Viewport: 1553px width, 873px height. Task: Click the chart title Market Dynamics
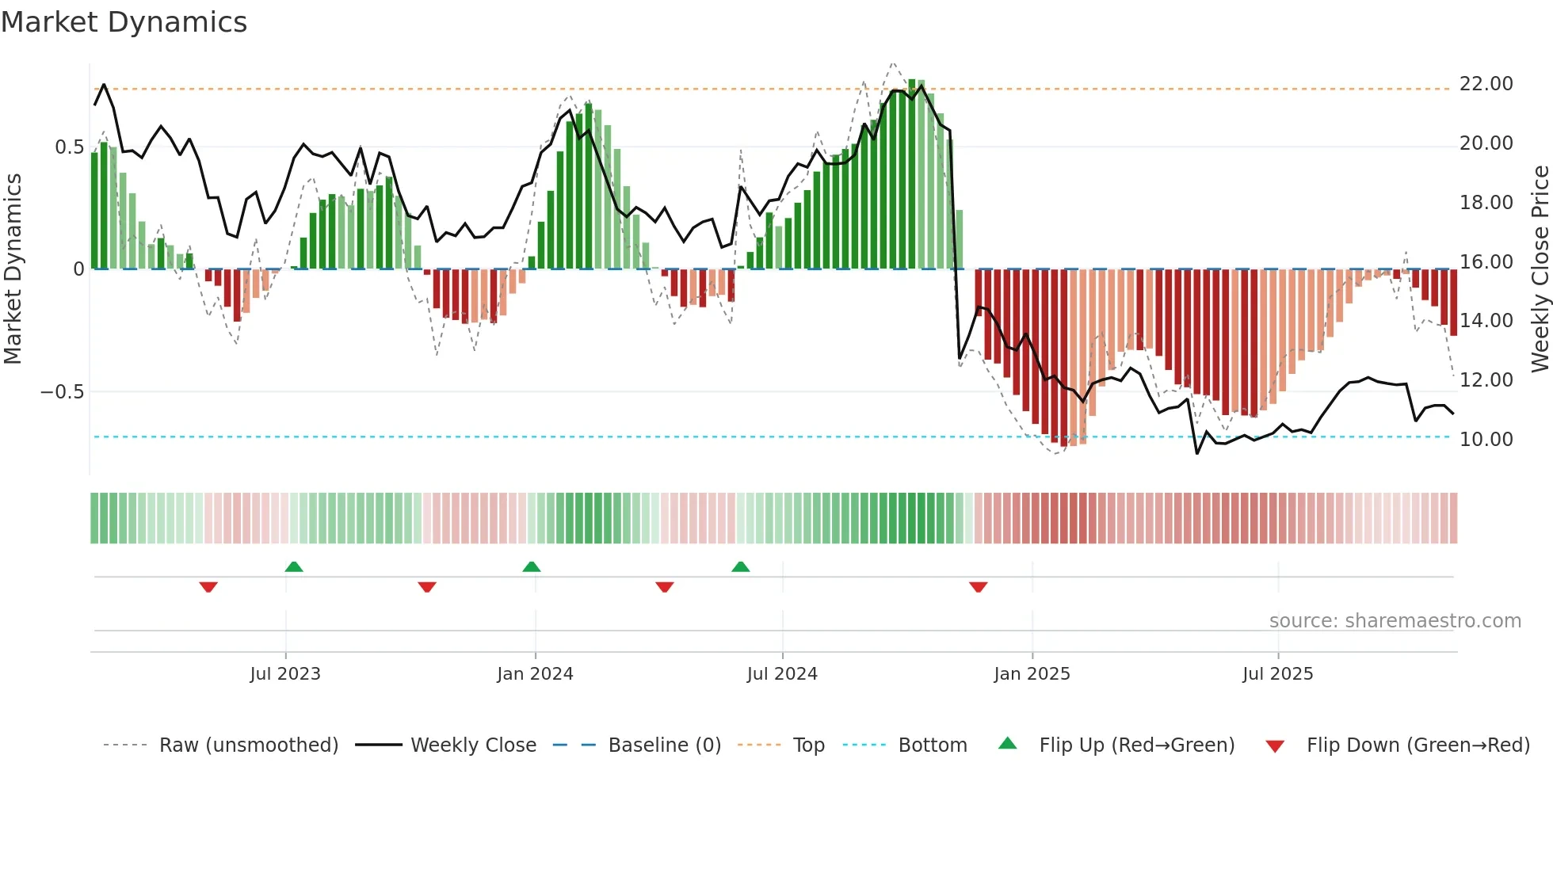pyautogui.click(x=124, y=22)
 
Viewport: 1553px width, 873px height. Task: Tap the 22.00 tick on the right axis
pyautogui.click(x=1486, y=84)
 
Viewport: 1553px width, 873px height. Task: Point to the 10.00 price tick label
pyautogui.click(x=1486, y=440)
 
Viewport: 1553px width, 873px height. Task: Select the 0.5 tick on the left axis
pyautogui.click(x=69, y=147)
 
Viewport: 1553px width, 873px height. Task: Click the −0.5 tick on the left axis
pyautogui.click(x=62, y=392)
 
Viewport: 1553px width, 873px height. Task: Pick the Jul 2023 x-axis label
pyautogui.click(x=285, y=674)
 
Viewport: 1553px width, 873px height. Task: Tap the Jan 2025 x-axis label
pyautogui.click(x=1032, y=674)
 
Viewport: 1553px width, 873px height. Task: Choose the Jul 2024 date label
pyautogui.click(x=782, y=674)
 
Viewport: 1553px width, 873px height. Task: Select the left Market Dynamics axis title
pyautogui.click(x=13, y=269)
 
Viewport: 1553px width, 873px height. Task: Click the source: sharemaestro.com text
pyautogui.click(x=1395, y=621)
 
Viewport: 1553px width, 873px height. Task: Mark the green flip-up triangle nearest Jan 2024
pyautogui.click(x=532, y=567)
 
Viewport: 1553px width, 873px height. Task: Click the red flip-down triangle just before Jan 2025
pyautogui.click(x=978, y=587)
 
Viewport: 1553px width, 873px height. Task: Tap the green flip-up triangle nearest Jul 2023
pyautogui.click(x=294, y=567)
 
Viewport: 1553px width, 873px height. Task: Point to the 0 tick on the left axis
pyautogui.click(x=78, y=269)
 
